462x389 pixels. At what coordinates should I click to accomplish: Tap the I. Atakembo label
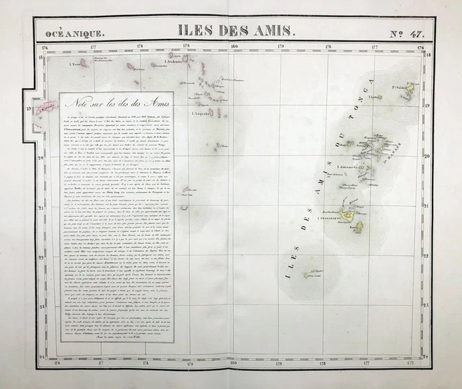[x=175, y=61]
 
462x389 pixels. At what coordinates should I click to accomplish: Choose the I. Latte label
[x=376, y=96]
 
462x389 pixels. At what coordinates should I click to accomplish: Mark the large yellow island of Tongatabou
[x=347, y=214]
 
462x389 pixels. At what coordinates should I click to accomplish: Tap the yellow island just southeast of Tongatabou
[x=359, y=227]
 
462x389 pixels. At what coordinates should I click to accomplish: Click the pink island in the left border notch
[x=46, y=108]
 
